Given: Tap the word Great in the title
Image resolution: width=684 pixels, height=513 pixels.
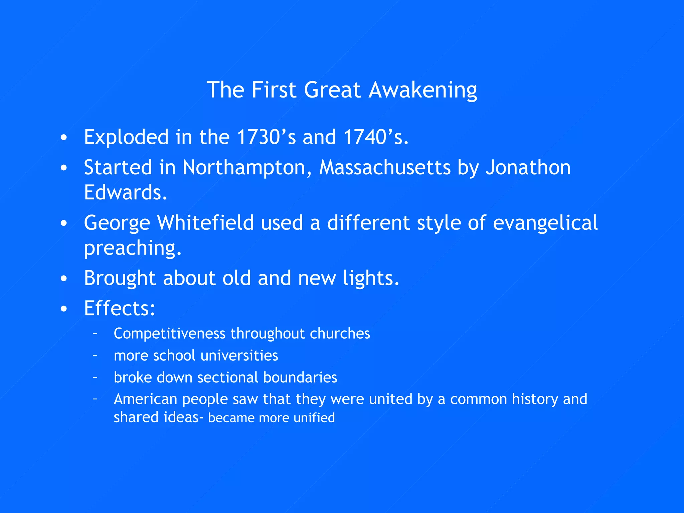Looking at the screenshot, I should (332, 90).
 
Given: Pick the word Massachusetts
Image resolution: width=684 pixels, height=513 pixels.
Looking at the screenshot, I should (385, 168).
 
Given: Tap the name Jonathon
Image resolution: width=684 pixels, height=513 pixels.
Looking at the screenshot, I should (528, 168).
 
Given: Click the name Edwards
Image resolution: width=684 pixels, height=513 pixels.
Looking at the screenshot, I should (125, 193).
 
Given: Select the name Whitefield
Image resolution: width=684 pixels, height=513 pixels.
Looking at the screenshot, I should (205, 223).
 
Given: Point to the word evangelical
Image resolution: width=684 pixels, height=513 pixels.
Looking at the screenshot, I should (545, 223).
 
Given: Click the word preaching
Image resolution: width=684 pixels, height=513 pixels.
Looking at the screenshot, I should (132, 248).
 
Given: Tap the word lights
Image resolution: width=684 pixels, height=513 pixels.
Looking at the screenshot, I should (371, 278).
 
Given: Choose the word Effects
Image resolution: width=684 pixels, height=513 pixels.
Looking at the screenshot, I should (119, 308).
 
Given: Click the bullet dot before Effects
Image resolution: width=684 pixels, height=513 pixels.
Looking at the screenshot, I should (64, 309).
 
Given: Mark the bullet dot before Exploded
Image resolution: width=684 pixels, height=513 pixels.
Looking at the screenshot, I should (64, 138).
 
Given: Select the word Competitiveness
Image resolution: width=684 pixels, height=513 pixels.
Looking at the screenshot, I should (169, 334).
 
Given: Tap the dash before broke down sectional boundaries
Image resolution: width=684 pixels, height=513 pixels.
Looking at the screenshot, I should (95, 377).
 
